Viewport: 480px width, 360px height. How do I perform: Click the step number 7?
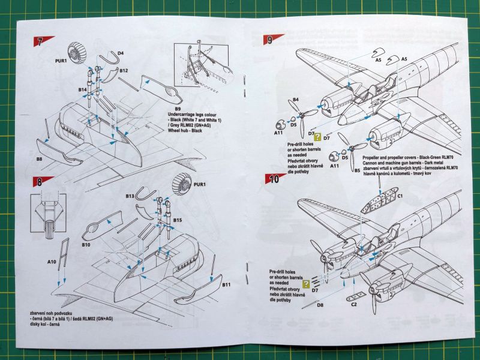tap(40, 43)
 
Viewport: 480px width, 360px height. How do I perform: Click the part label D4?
tap(121, 53)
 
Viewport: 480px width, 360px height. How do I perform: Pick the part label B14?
tap(82, 89)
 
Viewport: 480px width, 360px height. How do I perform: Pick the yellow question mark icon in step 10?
tap(307, 284)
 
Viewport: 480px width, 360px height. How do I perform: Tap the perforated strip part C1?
tap(378, 202)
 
